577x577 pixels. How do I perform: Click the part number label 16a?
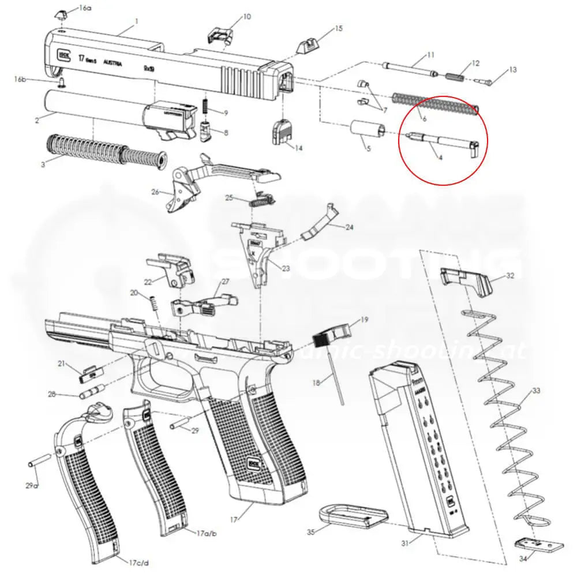(x=85, y=8)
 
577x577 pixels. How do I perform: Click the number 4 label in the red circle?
(x=440, y=157)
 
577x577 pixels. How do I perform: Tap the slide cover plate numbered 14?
(x=282, y=132)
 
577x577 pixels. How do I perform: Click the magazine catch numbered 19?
(x=334, y=332)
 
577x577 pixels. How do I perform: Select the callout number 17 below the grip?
(x=234, y=520)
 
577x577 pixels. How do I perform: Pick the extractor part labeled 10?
(x=220, y=35)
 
